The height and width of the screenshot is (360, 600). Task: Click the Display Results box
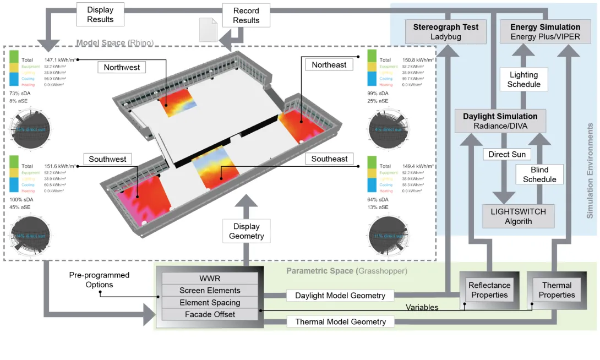click(100, 15)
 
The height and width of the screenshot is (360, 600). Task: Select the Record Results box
click(246, 15)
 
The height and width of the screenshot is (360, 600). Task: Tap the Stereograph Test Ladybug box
click(446, 31)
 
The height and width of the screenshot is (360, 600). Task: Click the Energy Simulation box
click(545, 31)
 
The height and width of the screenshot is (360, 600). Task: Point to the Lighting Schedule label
click(523, 79)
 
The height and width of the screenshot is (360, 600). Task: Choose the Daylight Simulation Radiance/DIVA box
click(500, 121)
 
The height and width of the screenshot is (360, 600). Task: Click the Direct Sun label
click(506, 154)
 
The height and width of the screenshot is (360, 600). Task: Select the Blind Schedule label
click(539, 174)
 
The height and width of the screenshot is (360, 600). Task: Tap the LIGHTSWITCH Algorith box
click(518, 216)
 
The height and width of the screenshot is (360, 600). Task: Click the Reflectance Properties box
click(489, 290)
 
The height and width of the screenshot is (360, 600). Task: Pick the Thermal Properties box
click(557, 290)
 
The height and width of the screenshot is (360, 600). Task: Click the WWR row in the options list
click(210, 279)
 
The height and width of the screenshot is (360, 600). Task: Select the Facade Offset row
click(210, 314)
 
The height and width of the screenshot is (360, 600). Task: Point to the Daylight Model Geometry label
click(340, 296)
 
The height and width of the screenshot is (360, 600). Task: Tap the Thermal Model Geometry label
click(340, 321)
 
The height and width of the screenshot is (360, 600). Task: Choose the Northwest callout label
click(122, 67)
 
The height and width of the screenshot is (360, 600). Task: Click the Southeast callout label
click(329, 159)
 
